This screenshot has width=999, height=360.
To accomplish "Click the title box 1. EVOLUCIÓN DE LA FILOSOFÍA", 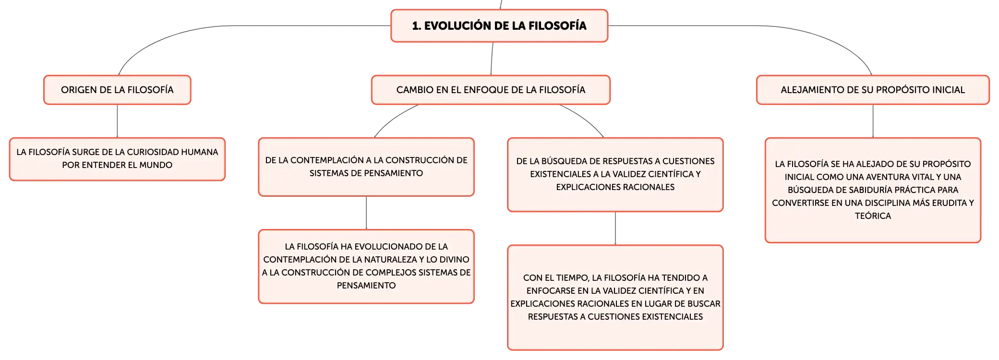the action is point(499,26).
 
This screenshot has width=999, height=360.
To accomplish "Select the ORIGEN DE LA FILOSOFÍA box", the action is point(117,90).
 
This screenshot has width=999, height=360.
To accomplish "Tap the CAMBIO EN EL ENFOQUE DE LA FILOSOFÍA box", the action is point(491,90).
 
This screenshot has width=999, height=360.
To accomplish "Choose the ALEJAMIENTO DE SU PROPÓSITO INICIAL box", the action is point(873,90).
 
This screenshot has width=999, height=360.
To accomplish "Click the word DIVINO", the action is point(454,260).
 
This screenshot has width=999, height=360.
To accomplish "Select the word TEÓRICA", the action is point(873,216).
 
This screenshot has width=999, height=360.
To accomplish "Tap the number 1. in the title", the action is point(417,26).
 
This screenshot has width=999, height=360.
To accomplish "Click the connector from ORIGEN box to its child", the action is point(117,121).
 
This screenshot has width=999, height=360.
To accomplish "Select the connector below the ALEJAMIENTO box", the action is point(873,121).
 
